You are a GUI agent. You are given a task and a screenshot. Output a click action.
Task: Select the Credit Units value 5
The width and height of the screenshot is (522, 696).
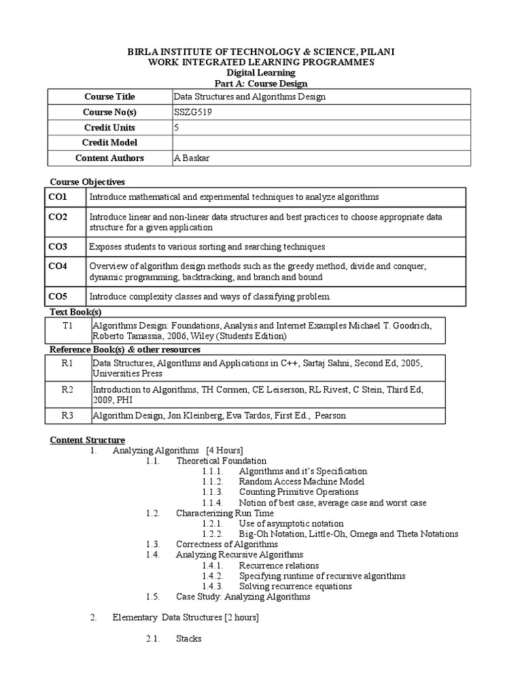(177, 127)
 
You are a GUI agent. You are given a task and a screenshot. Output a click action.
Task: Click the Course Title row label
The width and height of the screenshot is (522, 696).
(109, 97)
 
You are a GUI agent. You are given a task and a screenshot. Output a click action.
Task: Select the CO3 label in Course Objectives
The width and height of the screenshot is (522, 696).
(58, 246)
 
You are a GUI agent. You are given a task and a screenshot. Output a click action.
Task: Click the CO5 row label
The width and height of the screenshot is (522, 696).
(58, 296)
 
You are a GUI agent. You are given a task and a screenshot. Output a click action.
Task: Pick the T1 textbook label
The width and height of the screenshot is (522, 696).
(67, 326)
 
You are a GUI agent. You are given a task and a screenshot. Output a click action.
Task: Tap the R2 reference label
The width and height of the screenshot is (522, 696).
(67, 389)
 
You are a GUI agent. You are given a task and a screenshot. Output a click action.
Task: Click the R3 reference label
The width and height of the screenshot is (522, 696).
(67, 415)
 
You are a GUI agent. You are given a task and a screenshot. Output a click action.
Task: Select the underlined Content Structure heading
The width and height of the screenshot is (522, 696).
(88, 440)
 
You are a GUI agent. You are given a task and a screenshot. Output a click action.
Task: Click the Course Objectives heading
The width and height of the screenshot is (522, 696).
(88, 181)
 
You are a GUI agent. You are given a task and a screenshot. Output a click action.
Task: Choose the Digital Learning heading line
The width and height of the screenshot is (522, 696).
(261, 73)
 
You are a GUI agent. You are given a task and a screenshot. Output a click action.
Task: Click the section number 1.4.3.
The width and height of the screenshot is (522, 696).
(213, 586)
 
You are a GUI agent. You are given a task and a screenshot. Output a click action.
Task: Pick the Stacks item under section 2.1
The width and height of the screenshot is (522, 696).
(189, 639)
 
